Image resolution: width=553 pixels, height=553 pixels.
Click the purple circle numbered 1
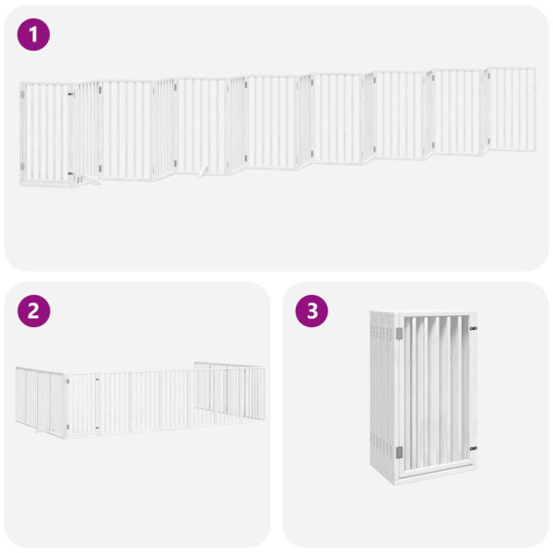34,35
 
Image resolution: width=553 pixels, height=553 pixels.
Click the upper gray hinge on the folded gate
399,335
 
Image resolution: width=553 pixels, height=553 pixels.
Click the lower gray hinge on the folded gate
398,452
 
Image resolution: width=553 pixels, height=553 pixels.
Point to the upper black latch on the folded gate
473,328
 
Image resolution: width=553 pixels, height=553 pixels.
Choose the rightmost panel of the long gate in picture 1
512,109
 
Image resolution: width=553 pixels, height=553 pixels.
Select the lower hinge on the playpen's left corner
67,427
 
